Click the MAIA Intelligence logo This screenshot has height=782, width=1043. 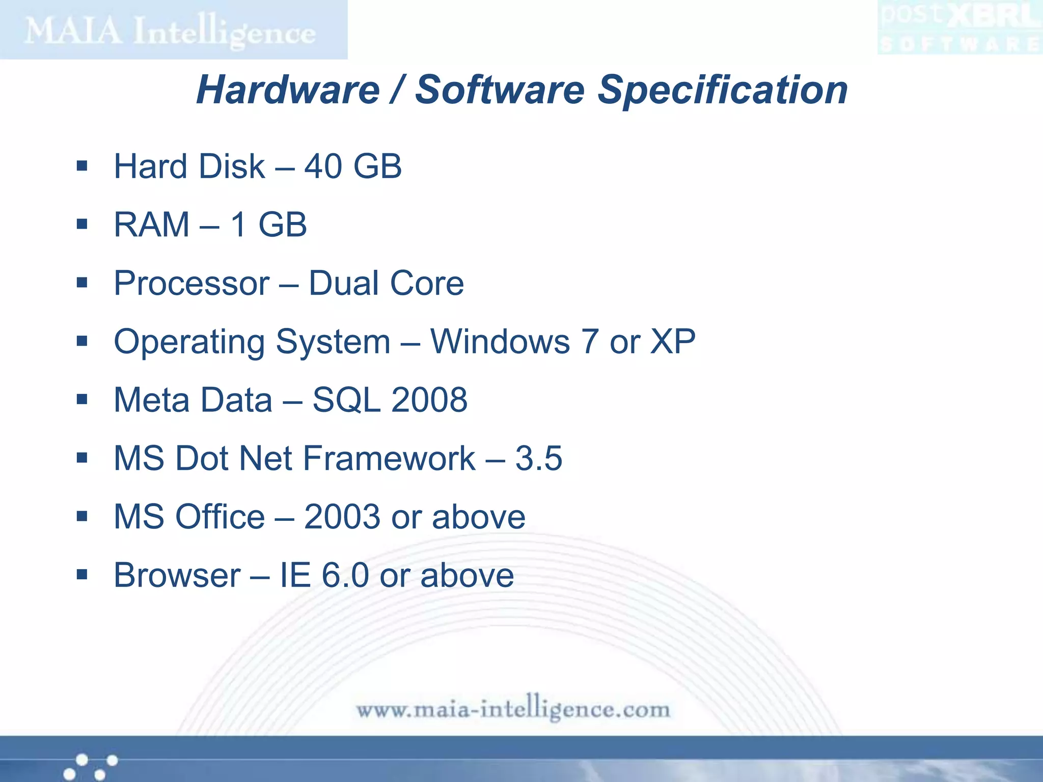(x=171, y=31)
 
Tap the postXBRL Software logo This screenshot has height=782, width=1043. (x=959, y=28)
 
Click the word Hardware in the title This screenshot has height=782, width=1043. (x=288, y=90)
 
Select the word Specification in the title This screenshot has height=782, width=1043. (x=722, y=90)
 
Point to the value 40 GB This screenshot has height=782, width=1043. (x=353, y=166)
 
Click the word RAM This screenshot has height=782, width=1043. (x=152, y=225)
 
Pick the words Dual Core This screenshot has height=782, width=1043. (x=386, y=283)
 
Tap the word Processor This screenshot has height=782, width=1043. (x=191, y=283)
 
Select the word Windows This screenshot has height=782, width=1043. (x=500, y=341)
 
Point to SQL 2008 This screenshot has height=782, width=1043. (x=390, y=400)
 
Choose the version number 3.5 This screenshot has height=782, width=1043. (x=538, y=458)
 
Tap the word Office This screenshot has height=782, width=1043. (x=220, y=517)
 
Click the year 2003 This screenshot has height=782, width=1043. (x=342, y=517)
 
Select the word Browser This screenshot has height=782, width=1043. (x=177, y=575)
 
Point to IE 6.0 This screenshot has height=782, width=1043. (x=324, y=575)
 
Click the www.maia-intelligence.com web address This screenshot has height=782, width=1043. (x=513, y=709)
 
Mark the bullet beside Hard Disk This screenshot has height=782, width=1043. (x=82, y=166)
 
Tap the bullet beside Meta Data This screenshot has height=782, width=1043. (x=82, y=399)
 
